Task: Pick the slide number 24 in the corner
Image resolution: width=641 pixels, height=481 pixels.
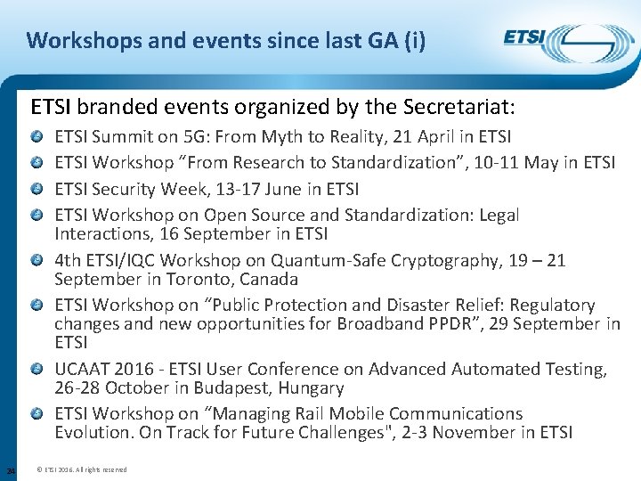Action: coord(10,469)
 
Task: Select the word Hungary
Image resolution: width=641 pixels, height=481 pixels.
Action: coord(312,388)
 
